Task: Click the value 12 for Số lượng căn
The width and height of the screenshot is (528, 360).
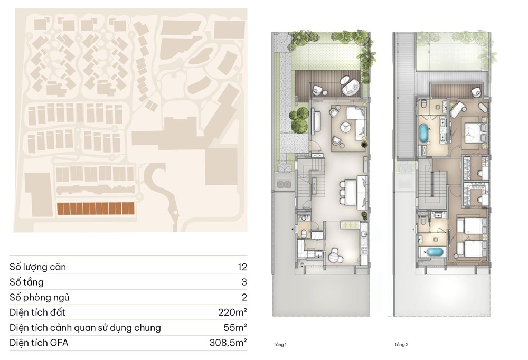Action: coord(242,267)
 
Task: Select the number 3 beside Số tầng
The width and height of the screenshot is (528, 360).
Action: coord(244,282)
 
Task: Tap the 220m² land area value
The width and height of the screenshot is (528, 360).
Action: coord(232,312)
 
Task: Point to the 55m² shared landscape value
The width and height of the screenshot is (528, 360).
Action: coord(235,328)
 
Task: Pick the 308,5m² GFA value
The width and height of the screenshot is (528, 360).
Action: coord(228,343)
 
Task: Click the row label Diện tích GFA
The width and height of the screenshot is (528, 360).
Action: coord(39,343)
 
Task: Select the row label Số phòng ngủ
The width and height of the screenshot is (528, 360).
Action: coord(40,297)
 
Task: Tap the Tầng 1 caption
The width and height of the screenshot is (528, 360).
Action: coord(280,345)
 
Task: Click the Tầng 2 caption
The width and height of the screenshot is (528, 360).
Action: coord(401,345)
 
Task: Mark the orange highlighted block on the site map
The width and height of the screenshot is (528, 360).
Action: coord(96,209)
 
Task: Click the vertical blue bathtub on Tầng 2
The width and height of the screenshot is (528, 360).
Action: coord(423,132)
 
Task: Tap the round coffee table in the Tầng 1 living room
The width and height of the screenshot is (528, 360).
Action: coord(345,127)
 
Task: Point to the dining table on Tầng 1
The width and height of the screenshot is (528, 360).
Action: coord(351,192)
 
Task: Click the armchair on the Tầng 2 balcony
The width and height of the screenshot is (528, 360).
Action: coord(476,91)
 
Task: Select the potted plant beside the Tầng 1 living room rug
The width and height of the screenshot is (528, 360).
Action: coord(364,145)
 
